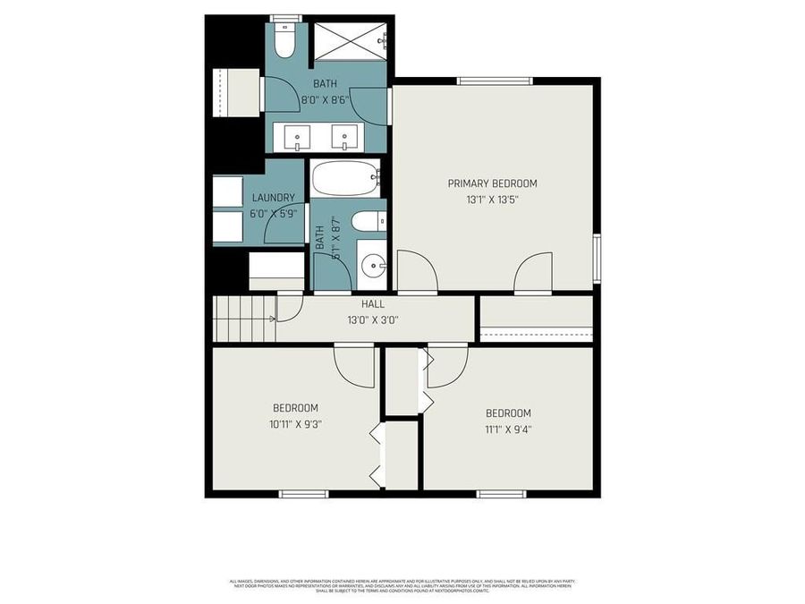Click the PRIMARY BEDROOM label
tap(492, 183)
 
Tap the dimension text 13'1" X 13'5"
tap(492, 200)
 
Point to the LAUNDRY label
tap(273, 198)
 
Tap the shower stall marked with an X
tap(349, 41)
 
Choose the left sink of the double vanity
tap(296, 138)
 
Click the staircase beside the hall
tap(243, 319)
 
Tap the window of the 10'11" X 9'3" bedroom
tap(304, 493)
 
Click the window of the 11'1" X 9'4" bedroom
tap(501, 493)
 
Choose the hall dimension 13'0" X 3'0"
tap(373, 319)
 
